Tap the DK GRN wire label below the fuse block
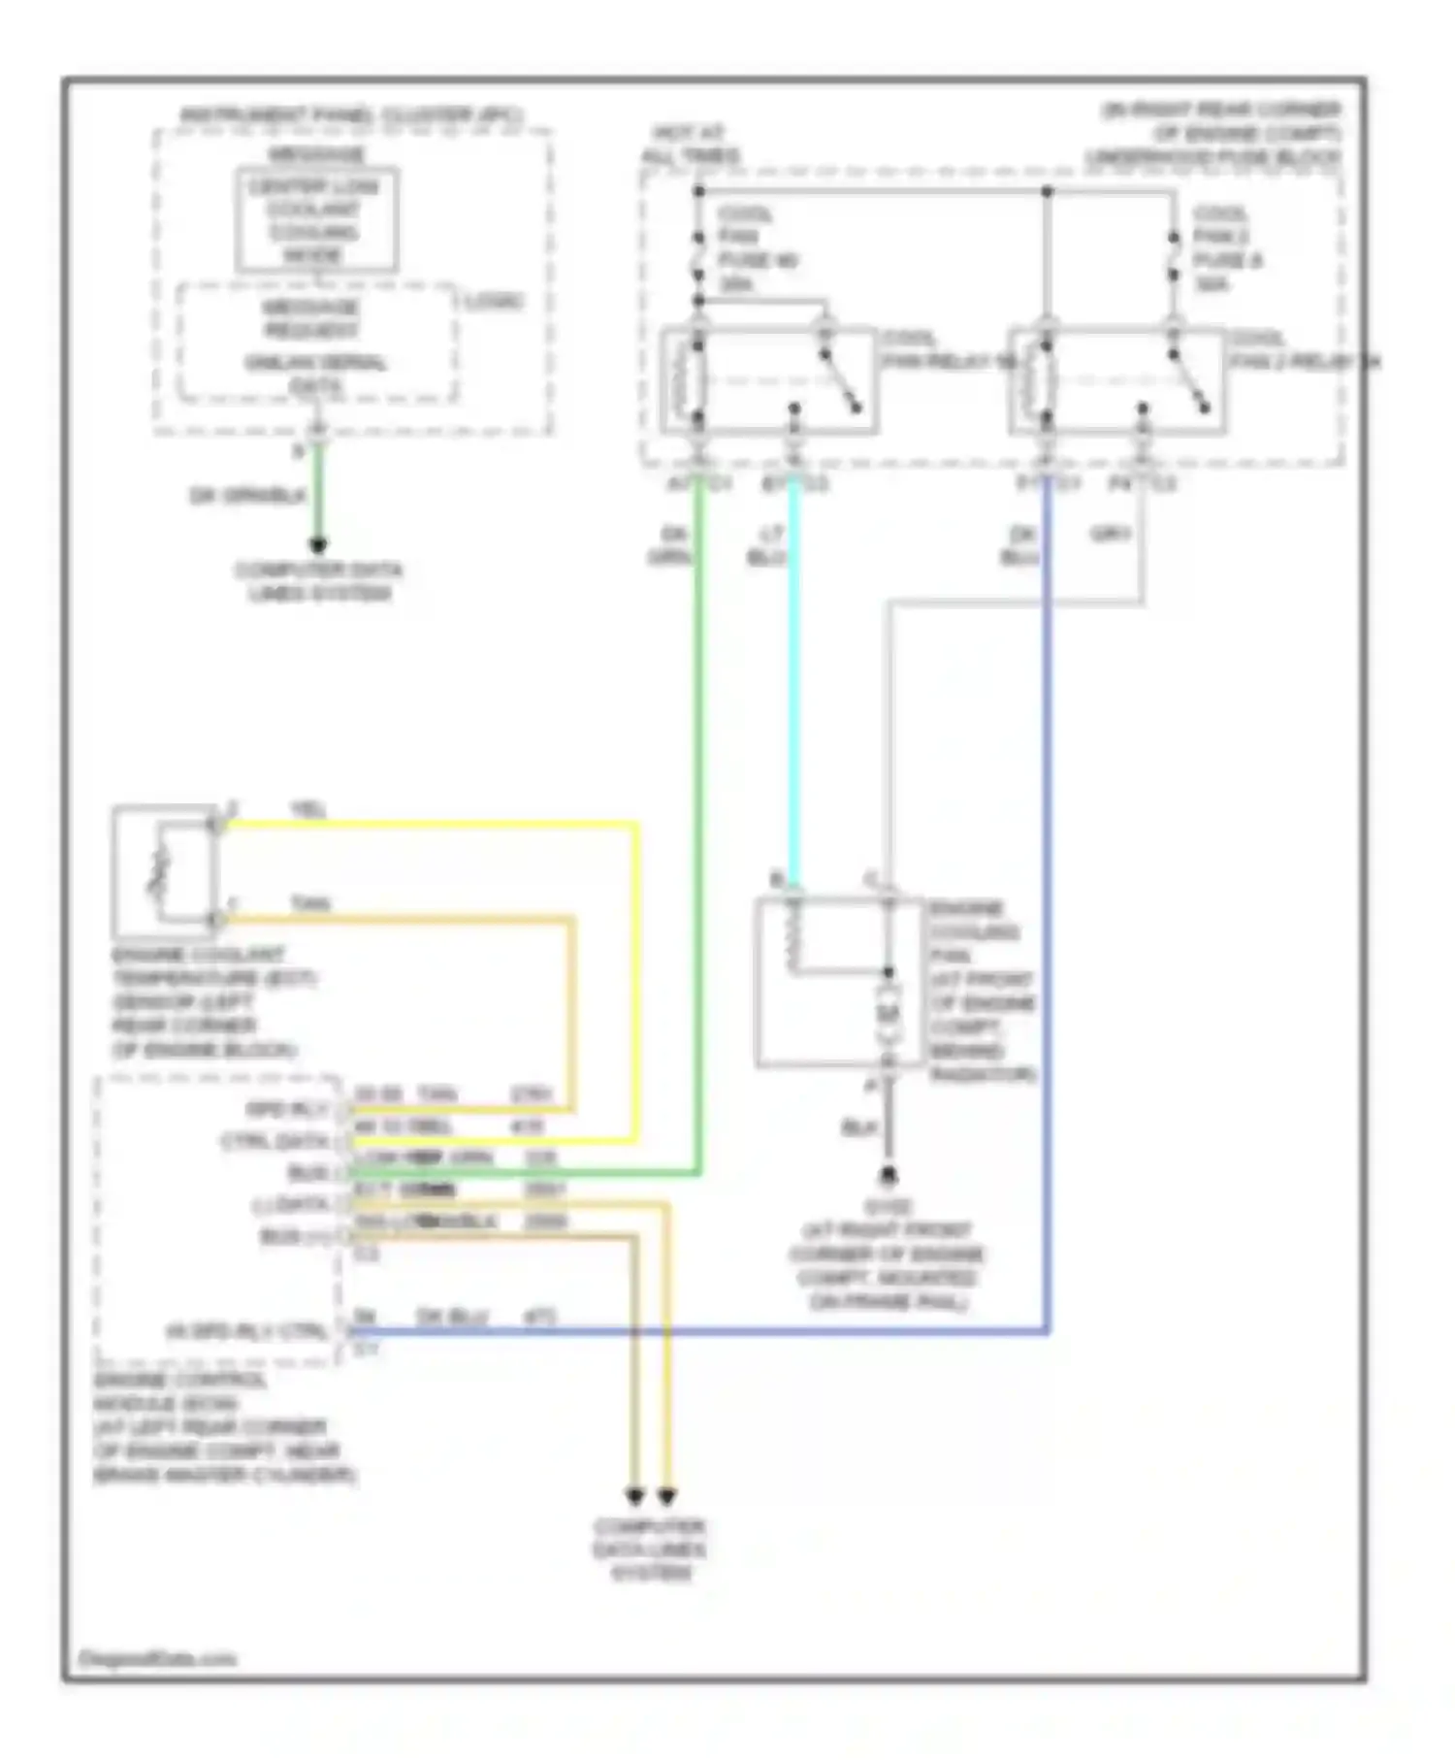pyautogui.click(x=672, y=545)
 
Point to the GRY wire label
pyautogui.click(x=1111, y=534)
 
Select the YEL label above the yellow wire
pyautogui.click(x=308, y=809)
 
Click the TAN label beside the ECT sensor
pyautogui.click(x=310, y=904)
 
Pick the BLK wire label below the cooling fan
pyautogui.click(x=859, y=1127)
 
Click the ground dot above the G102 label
pyautogui.click(x=888, y=1176)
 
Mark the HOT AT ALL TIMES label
pyautogui.click(x=690, y=144)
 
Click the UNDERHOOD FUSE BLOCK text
pyautogui.click(x=1212, y=157)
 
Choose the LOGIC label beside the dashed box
pyautogui.click(x=494, y=302)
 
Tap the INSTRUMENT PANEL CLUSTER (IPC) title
pyautogui.click(x=351, y=115)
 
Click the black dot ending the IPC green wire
pyautogui.click(x=318, y=544)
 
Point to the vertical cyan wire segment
pyautogui.click(x=794, y=679)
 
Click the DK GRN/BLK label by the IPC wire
pyautogui.click(x=248, y=496)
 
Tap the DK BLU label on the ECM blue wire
pyautogui.click(x=452, y=1317)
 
